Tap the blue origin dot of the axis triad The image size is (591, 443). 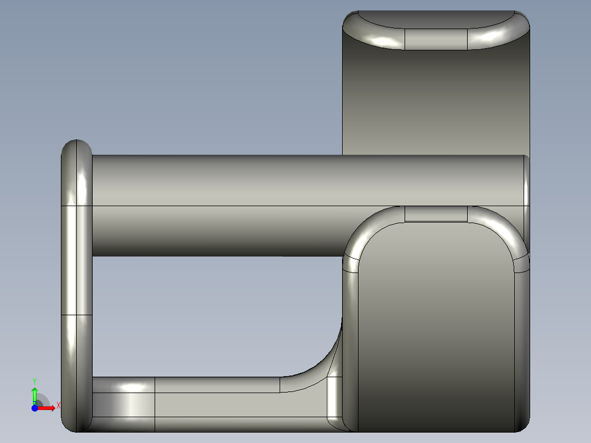(35, 408)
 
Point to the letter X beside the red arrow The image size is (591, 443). (58, 406)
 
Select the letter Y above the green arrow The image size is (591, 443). (34, 380)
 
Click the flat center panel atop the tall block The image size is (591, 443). (436, 37)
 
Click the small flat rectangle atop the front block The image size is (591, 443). (436, 214)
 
